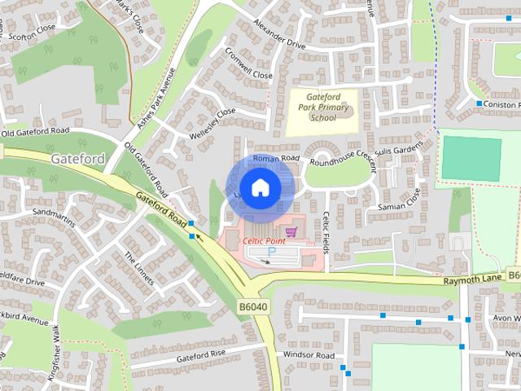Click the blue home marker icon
(260, 187)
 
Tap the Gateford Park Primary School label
(323, 107)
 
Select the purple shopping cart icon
(291, 232)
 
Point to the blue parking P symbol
(272, 254)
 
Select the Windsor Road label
(309, 356)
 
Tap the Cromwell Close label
(250, 68)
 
